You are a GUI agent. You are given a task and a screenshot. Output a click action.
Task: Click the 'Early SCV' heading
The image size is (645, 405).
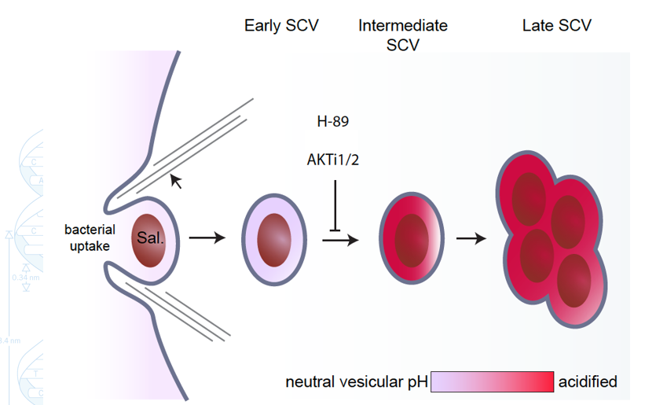(281, 26)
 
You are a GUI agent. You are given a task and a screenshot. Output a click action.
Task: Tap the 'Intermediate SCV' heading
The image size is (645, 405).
(403, 35)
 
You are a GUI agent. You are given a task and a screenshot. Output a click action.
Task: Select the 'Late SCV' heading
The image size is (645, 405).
(556, 26)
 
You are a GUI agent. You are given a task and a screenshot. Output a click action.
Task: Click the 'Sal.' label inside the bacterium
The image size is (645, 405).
(151, 236)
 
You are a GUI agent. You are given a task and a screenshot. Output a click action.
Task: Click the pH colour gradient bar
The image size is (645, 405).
(492, 381)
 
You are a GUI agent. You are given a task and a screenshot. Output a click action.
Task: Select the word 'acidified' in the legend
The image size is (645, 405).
(588, 382)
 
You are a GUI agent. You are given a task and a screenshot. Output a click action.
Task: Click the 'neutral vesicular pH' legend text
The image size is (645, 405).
(356, 382)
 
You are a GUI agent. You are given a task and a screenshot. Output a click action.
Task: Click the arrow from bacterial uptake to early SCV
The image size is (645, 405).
(207, 236)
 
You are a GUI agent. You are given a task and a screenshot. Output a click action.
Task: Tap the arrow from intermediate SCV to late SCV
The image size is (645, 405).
(471, 236)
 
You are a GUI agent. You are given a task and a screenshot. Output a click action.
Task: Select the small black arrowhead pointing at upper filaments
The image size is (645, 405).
(177, 182)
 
